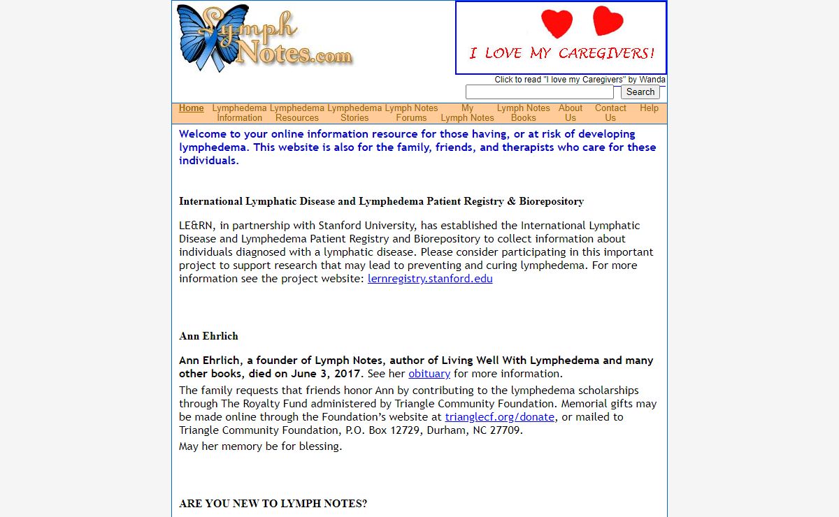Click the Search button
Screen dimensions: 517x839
pyautogui.click(x=640, y=92)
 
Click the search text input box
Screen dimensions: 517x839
pyautogui.click(x=540, y=92)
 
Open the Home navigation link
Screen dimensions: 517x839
pyautogui.click(x=191, y=108)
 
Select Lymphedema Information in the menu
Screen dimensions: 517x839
pyautogui.click(x=239, y=113)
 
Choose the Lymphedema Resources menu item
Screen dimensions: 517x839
pyautogui.click(x=297, y=113)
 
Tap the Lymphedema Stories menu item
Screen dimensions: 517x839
pyautogui.click(x=354, y=113)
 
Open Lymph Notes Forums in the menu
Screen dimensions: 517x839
pyautogui.click(x=411, y=113)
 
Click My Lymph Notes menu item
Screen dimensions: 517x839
pyautogui.click(x=467, y=113)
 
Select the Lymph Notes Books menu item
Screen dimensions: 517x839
pyautogui.click(x=523, y=113)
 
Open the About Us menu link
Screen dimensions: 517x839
pyautogui.click(x=571, y=113)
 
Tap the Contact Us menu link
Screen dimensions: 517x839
pyautogui.click(x=610, y=113)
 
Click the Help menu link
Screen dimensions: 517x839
pyautogui.click(x=649, y=108)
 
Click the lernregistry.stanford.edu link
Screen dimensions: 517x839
pyautogui.click(x=430, y=279)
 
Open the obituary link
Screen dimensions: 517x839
pyautogui.click(x=429, y=374)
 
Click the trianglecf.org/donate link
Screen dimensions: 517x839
pyautogui.click(x=500, y=417)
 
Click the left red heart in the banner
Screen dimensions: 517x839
pyautogui.click(x=557, y=24)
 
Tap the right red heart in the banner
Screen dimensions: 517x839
pyautogui.click(x=608, y=21)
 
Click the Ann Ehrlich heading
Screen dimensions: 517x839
pyautogui.click(x=208, y=336)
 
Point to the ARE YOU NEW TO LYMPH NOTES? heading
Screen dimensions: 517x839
pyautogui.click(x=273, y=504)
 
